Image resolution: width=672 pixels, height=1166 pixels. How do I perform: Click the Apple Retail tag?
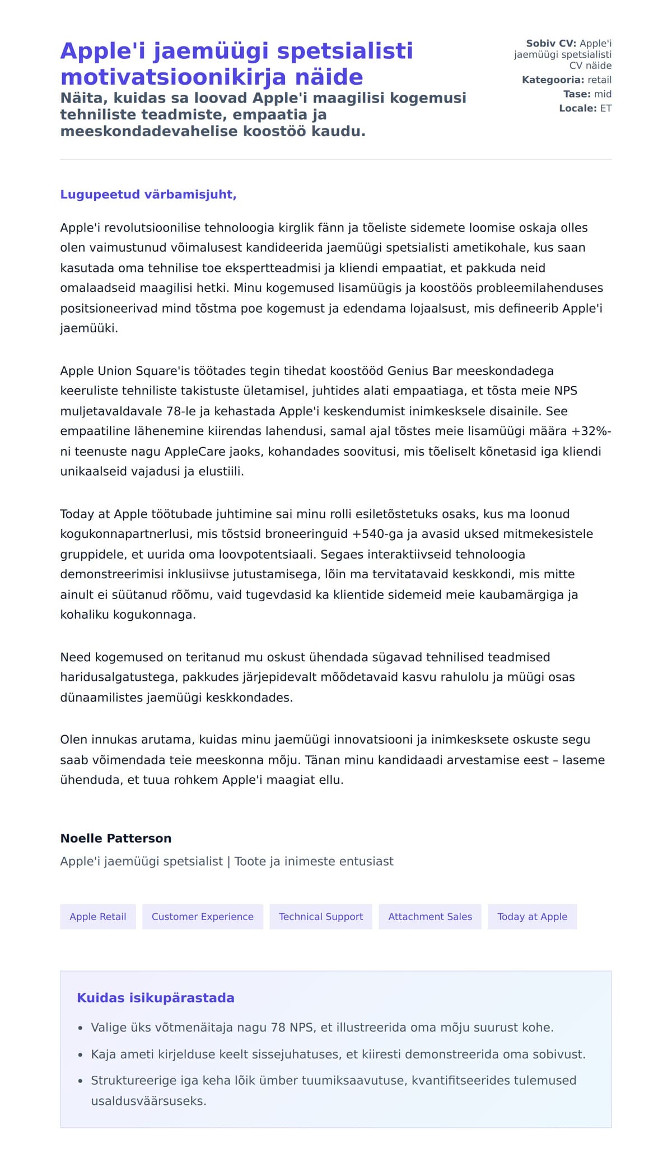click(98, 917)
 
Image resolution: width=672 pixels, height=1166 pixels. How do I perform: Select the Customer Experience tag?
click(202, 917)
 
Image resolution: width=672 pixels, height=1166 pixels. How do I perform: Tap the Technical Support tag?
click(321, 917)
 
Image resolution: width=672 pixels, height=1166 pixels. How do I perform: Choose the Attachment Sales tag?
click(430, 917)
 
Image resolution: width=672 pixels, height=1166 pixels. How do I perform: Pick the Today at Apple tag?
click(532, 917)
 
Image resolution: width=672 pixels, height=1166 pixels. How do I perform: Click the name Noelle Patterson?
click(116, 838)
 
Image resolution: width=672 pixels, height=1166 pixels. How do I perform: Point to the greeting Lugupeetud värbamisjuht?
click(148, 194)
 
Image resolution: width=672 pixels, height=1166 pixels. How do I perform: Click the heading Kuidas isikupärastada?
click(156, 998)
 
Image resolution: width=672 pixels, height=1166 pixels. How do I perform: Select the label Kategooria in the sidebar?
click(553, 80)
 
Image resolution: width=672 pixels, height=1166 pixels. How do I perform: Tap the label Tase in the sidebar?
click(577, 94)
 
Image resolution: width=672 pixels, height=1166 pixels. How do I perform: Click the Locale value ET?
click(606, 109)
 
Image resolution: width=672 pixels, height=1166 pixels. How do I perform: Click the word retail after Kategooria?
click(599, 80)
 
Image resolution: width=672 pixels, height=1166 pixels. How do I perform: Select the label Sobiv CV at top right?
click(550, 44)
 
